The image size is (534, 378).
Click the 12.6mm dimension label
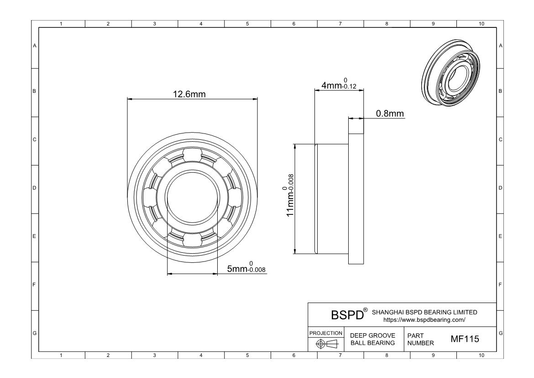[x=189, y=94]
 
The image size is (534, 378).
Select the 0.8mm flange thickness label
[x=390, y=113]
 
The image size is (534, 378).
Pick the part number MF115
[x=465, y=339]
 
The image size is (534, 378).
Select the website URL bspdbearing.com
[x=424, y=319]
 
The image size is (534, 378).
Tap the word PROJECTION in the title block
[x=325, y=333]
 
